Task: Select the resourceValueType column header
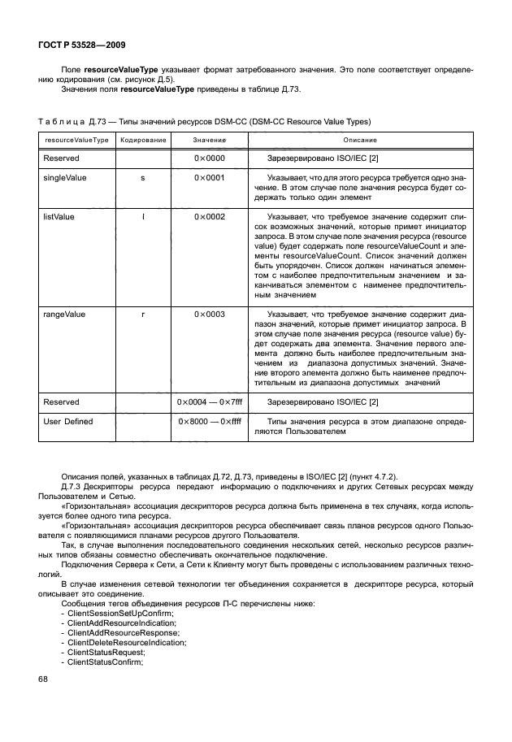[76, 141]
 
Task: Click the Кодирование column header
[143, 141]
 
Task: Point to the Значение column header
[210, 141]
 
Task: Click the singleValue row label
[65, 176]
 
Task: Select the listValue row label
[59, 218]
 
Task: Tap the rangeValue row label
[64, 313]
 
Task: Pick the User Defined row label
[68, 421]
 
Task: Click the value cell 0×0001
[210, 176]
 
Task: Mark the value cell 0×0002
[210, 218]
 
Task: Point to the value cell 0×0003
[210, 313]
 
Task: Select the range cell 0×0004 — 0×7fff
[210, 401]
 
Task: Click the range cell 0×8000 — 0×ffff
[210, 421]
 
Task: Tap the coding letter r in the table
[143, 313]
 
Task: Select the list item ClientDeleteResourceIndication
[128, 642]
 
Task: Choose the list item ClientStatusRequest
[106, 652]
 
